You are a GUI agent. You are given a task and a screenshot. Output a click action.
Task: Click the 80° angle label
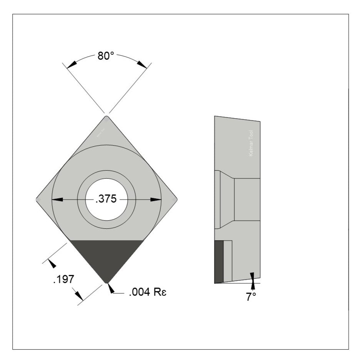coord(106,56)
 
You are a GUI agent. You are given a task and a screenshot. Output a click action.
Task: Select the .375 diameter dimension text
coord(106,199)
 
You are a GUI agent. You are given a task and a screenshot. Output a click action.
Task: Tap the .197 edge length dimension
coord(63,279)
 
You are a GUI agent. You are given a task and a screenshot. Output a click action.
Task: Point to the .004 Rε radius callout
coord(149,293)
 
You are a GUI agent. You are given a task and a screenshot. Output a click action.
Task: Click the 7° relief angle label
coord(251,297)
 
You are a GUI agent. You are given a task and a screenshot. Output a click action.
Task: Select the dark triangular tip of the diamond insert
coord(107,256)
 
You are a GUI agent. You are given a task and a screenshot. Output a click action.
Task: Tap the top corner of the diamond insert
coord(107,117)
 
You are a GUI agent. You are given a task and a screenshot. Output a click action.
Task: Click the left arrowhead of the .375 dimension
coord(57,199)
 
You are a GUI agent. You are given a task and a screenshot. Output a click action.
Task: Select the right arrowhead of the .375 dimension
coord(156,199)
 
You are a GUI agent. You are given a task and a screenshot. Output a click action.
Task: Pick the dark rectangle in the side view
coord(219,261)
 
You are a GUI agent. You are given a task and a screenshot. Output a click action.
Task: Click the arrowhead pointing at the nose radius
coord(110,288)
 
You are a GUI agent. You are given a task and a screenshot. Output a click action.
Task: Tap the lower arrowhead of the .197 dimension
coord(79,295)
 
